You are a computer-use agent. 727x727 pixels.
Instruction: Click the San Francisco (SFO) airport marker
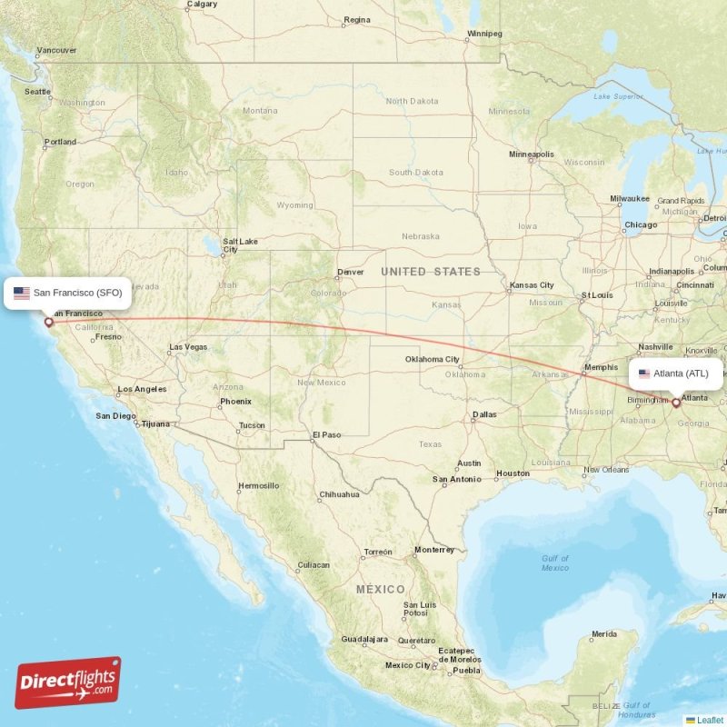point(49,322)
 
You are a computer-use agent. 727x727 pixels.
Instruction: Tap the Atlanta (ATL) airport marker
point(675,402)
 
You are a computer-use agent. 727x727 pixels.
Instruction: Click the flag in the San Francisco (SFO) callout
point(21,293)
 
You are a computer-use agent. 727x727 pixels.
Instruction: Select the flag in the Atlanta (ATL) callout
point(644,373)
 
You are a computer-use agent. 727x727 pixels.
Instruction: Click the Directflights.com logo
point(68,682)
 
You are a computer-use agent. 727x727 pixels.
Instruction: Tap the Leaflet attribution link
point(710,720)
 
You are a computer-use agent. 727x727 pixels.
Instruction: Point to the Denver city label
point(350,272)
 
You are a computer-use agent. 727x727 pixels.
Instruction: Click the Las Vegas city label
point(188,346)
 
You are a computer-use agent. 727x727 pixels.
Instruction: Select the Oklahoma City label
point(432,360)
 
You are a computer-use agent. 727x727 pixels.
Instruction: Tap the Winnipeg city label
point(483,34)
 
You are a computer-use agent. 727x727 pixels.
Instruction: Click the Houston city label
point(513,473)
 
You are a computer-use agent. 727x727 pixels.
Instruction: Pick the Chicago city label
point(640,224)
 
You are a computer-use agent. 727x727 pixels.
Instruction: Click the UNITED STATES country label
point(430,272)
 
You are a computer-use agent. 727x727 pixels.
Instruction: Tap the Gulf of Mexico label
point(554,563)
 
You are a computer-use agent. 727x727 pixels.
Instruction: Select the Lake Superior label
point(612,96)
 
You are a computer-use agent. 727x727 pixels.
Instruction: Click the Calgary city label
point(201,5)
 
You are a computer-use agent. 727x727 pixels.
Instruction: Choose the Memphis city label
point(600,367)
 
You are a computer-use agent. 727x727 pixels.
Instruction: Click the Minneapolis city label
point(531,154)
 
